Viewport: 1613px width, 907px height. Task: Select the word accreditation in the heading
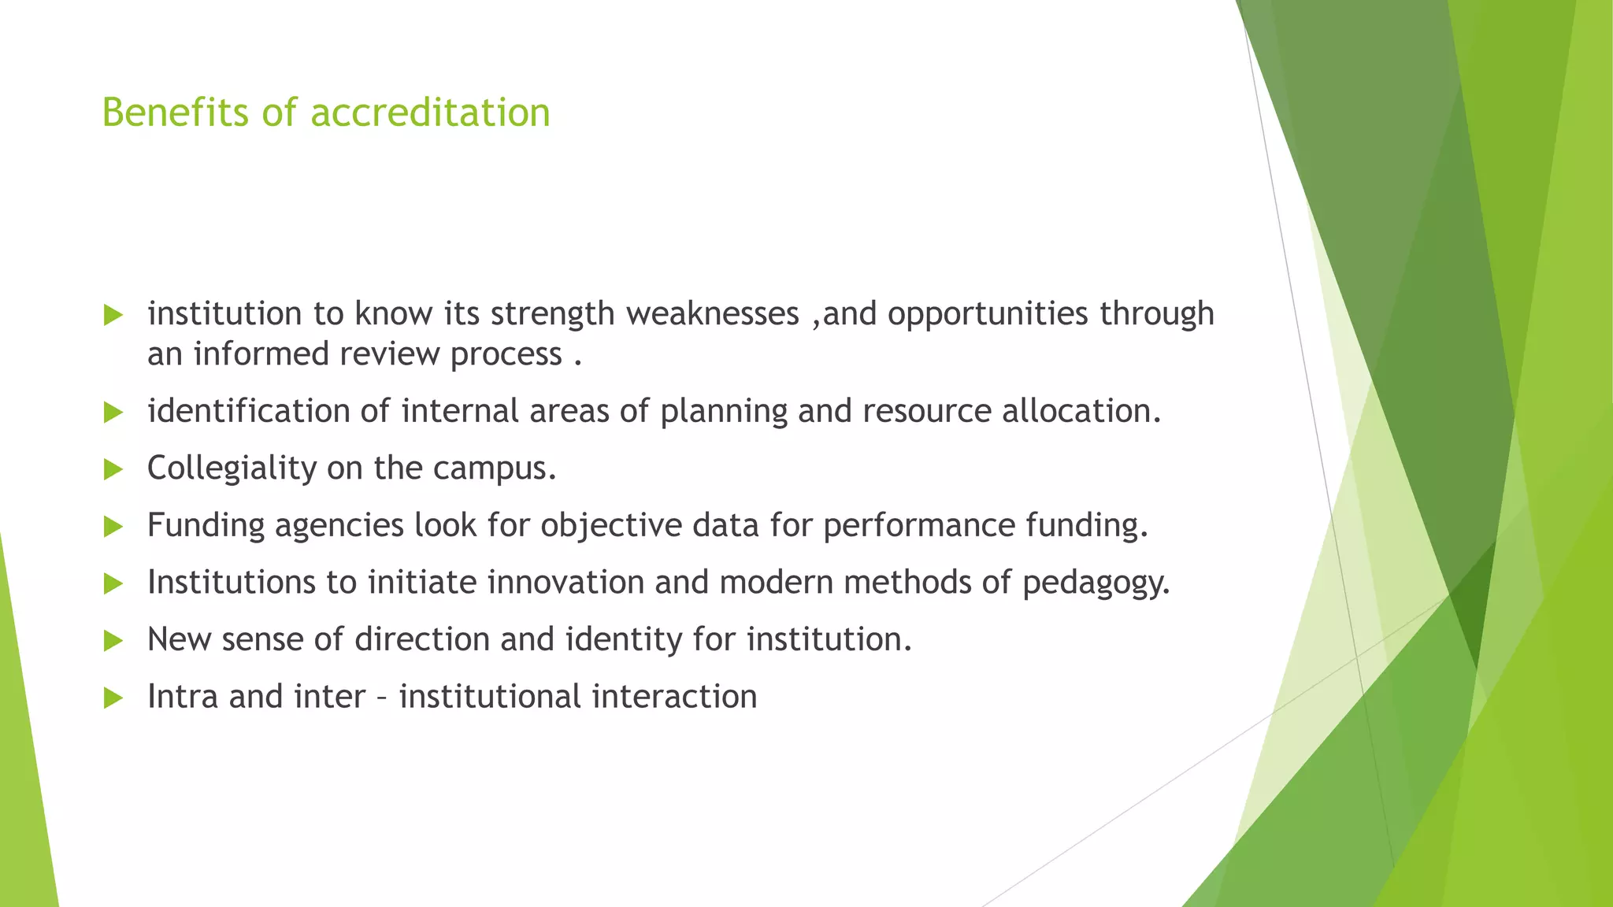pyautogui.click(x=430, y=113)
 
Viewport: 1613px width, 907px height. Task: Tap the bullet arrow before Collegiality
pyautogui.click(x=113, y=470)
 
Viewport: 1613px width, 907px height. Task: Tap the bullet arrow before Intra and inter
pyautogui.click(x=113, y=698)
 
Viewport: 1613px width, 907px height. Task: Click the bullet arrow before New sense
pyautogui.click(x=113, y=641)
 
